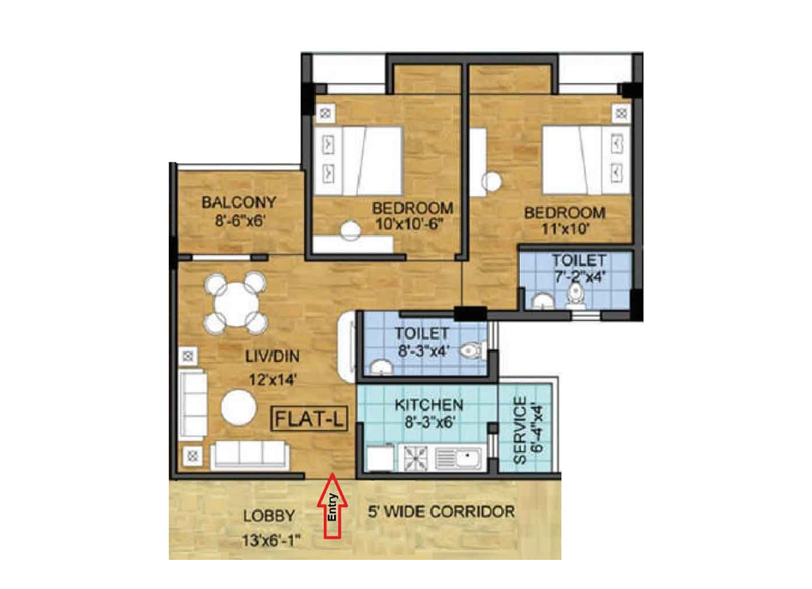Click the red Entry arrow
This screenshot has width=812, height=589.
point(332,506)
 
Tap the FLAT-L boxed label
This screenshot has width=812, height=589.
point(309,419)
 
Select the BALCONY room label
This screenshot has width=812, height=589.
point(239,202)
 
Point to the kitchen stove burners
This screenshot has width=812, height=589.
point(415,459)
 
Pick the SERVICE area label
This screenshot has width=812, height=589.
point(520,431)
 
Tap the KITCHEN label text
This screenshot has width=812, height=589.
point(429,405)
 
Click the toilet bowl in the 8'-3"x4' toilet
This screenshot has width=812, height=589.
point(473,351)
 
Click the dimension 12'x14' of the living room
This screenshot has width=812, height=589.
point(272,380)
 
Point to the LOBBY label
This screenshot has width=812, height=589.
point(269,516)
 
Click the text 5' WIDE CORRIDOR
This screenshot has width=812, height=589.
point(441,512)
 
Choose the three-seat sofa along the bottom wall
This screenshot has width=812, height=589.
point(249,455)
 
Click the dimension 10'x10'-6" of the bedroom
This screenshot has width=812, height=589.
point(410,224)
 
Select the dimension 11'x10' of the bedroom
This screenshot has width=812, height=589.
point(565,229)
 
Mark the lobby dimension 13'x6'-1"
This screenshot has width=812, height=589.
point(272,541)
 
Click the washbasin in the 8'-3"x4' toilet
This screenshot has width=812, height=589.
point(381,366)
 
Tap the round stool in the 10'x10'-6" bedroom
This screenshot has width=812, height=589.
point(350,230)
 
